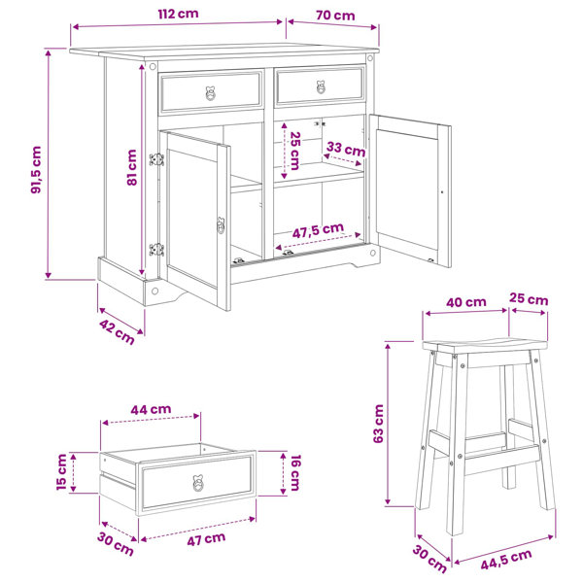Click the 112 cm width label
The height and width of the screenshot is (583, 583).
179,15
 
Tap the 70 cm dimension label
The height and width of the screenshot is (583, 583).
335,16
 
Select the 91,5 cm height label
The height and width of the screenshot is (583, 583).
37,170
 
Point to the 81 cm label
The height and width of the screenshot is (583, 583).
131,168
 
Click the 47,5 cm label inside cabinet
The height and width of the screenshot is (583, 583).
318,231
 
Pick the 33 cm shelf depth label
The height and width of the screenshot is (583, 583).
346,149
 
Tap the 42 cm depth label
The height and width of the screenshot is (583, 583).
117,332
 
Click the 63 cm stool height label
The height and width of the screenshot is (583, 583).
378,424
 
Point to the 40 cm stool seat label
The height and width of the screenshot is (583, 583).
466,302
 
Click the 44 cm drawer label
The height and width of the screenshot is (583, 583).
151,409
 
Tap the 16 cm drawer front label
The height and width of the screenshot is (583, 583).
294,472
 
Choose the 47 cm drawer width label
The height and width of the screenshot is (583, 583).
206,539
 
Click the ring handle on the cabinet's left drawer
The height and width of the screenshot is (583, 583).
211,93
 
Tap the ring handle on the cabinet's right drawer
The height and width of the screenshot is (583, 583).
321,87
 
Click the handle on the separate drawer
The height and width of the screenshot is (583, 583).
198,482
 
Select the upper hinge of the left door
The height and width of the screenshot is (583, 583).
156,159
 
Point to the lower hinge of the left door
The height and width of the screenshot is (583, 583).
156,249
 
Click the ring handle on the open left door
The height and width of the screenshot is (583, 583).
221,225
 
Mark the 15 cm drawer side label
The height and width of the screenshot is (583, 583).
62,472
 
